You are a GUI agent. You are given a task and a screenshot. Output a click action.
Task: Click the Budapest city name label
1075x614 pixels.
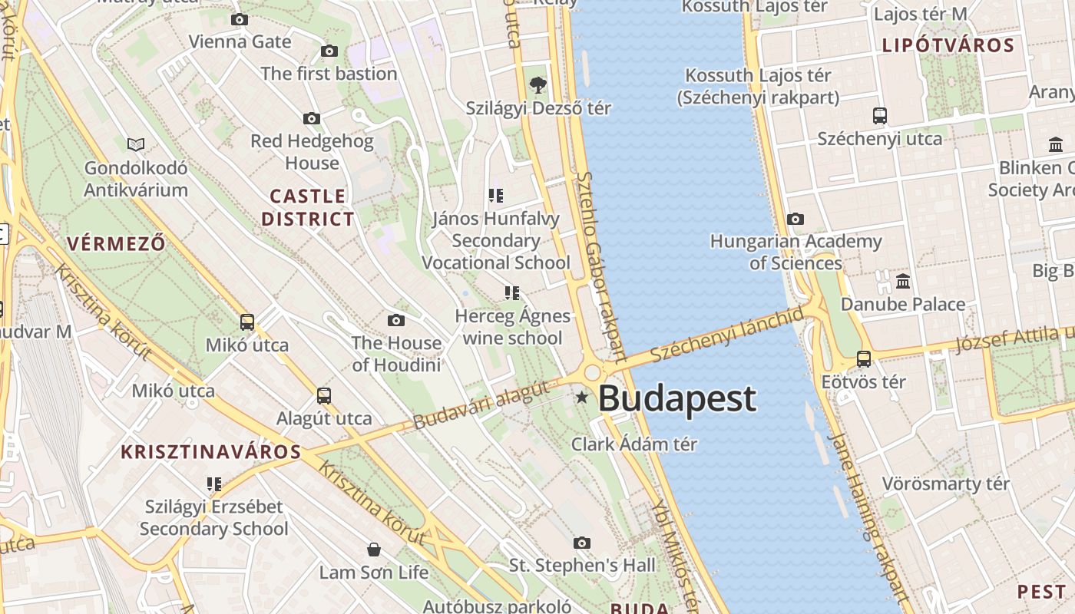tap(676, 399)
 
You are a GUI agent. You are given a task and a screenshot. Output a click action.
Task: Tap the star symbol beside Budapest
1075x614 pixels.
tap(582, 397)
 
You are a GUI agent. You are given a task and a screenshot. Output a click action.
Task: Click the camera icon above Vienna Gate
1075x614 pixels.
tap(240, 19)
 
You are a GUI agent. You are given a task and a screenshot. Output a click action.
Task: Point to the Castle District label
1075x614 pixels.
tap(308, 207)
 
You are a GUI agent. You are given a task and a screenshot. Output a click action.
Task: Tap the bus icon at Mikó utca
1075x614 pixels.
tap(247, 322)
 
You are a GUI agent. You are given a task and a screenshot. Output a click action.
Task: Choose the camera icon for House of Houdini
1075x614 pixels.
tap(396, 320)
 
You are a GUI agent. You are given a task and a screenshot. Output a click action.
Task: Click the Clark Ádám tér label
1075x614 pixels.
tap(634, 444)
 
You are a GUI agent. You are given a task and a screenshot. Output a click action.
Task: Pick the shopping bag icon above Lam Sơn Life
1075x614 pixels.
tap(374, 550)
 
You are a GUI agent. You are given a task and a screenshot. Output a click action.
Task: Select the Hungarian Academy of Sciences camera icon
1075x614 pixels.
tap(795, 219)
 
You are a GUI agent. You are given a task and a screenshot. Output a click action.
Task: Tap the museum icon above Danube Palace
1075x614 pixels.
tap(903, 281)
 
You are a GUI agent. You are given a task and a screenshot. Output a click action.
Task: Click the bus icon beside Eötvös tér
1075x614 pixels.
tap(864, 358)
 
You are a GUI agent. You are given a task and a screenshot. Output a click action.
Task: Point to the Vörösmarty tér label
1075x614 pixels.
tap(945, 484)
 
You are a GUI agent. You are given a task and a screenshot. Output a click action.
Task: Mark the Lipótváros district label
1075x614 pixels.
tap(948, 45)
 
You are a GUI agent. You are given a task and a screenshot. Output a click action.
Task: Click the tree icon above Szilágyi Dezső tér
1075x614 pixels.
tap(538, 85)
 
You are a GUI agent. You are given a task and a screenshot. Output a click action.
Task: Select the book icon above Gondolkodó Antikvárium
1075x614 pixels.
tap(136, 144)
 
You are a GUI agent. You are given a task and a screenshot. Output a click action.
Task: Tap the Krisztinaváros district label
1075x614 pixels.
tap(211, 451)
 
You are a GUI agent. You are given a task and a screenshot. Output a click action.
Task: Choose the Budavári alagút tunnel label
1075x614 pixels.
tap(482, 404)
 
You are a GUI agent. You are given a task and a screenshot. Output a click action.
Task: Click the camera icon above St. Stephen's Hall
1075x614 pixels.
tap(582, 543)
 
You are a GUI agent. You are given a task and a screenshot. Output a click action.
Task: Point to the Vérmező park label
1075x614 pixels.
tap(116, 245)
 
